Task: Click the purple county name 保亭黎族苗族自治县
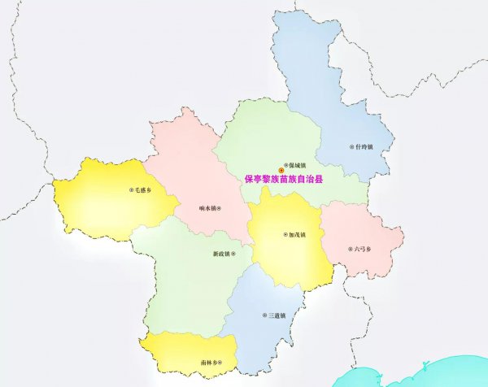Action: point(283,179)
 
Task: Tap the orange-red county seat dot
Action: point(281,169)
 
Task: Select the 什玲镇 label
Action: point(364,147)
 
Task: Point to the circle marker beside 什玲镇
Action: point(352,147)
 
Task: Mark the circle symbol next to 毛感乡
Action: point(131,189)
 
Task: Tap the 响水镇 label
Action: point(207,209)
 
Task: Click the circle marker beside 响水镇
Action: point(220,209)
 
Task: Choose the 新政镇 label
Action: point(221,254)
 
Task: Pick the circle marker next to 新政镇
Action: point(233,254)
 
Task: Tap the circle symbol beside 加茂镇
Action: point(284,236)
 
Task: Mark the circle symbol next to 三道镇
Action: point(263,315)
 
